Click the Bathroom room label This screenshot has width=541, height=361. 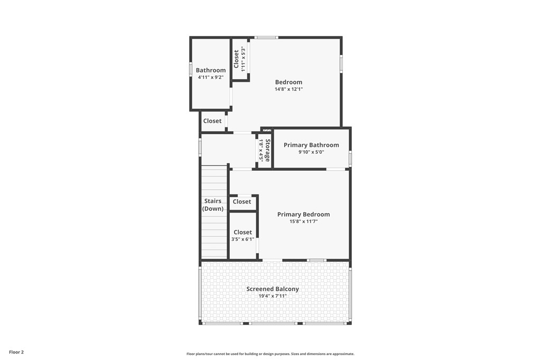point(210,70)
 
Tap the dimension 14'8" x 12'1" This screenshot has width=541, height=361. point(288,89)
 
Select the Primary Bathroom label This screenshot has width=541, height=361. point(311,145)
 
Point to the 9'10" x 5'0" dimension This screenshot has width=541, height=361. point(311,152)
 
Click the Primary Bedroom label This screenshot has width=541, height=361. point(303,215)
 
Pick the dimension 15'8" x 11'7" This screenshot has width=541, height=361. point(303,221)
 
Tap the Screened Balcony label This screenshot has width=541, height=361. point(273,289)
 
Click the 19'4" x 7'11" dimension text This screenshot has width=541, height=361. point(273,296)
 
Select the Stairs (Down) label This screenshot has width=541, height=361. point(213,205)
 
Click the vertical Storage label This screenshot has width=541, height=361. point(268,150)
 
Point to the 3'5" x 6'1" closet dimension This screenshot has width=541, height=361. point(242,239)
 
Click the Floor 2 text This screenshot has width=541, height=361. point(16,352)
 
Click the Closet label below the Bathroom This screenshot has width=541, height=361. point(212,121)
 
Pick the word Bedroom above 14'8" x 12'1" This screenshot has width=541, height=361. point(288,82)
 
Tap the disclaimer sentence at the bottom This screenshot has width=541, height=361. point(270,354)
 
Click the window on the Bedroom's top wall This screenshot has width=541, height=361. point(266,37)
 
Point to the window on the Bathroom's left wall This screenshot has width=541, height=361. point(191,69)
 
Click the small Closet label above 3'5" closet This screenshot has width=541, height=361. point(242,202)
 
